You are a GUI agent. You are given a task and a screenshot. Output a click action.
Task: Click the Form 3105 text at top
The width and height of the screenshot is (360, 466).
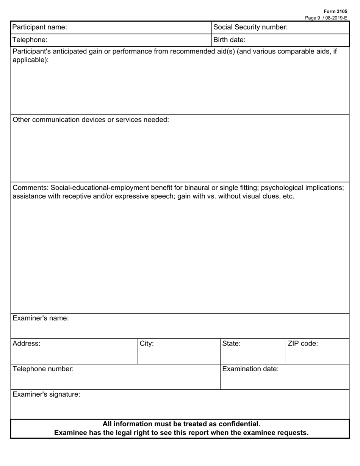click(x=335, y=11)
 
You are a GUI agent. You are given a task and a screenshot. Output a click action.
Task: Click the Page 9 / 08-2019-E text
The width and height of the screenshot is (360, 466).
click(x=326, y=17)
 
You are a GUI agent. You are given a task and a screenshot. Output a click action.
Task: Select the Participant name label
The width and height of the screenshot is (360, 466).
click(x=40, y=27)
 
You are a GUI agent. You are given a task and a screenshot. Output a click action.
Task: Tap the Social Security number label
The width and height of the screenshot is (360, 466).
click(x=250, y=27)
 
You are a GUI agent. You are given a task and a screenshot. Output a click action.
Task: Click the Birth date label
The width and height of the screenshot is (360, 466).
click(x=229, y=39)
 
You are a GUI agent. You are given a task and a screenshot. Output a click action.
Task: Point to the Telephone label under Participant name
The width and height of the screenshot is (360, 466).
click(x=30, y=39)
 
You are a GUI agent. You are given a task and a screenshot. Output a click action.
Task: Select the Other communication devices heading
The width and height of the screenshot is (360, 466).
click(x=91, y=120)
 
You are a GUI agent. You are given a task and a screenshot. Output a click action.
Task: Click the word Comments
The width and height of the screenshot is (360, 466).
click(x=30, y=188)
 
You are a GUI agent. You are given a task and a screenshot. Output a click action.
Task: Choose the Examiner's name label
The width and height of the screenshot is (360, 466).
click(x=41, y=318)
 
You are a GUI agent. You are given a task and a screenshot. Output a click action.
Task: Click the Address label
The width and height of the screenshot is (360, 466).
click(x=26, y=344)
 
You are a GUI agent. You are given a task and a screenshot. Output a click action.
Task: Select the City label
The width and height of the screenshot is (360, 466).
click(x=147, y=344)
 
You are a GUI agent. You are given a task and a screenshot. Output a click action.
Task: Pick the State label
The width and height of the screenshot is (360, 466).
click(x=231, y=344)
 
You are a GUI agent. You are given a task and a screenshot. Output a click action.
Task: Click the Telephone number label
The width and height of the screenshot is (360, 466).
click(x=43, y=369)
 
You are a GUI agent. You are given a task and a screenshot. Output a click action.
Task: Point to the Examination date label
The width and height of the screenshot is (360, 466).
click(x=250, y=369)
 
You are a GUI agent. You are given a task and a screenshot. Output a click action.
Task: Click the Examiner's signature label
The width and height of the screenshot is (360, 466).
click(x=46, y=394)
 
